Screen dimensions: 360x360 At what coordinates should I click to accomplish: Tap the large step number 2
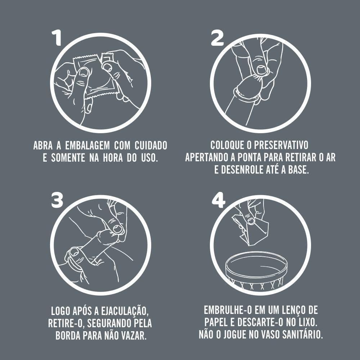point(217,37)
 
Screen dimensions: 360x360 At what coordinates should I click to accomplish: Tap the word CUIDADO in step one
point(151,146)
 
